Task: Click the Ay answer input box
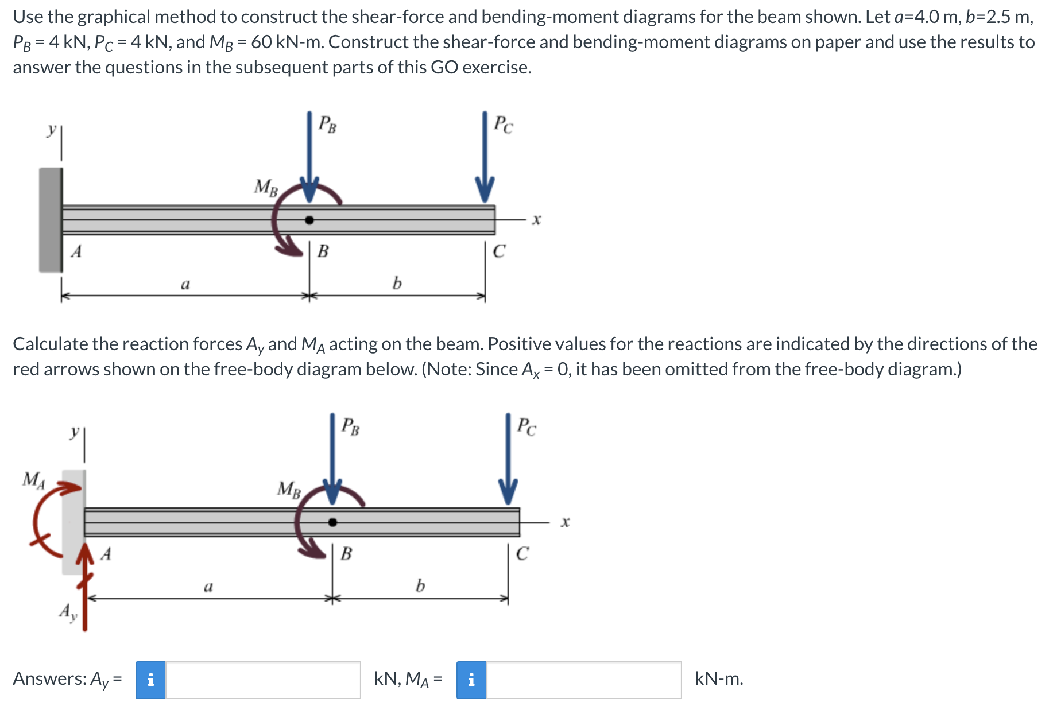coord(262,680)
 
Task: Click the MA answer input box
coord(583,680)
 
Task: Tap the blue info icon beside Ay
coord(150,680)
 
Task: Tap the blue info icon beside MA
coord(471,680)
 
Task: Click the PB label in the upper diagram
coord(327,124)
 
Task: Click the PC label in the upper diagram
coord(504,124)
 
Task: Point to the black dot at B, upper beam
coord(309,220)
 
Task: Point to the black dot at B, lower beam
coord(332,522)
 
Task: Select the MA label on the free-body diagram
coord(33,479)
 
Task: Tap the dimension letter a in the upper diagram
coord(185,284)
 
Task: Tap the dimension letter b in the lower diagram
coord(420,586)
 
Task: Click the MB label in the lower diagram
coord(289,489)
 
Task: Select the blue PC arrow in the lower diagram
coord(508,459)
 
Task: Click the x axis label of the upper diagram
coord(536,219)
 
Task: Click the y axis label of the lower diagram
coord(74,431)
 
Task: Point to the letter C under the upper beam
coord(499,251)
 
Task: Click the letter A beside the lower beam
coord(106,554)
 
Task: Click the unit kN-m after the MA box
coord(718,679)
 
